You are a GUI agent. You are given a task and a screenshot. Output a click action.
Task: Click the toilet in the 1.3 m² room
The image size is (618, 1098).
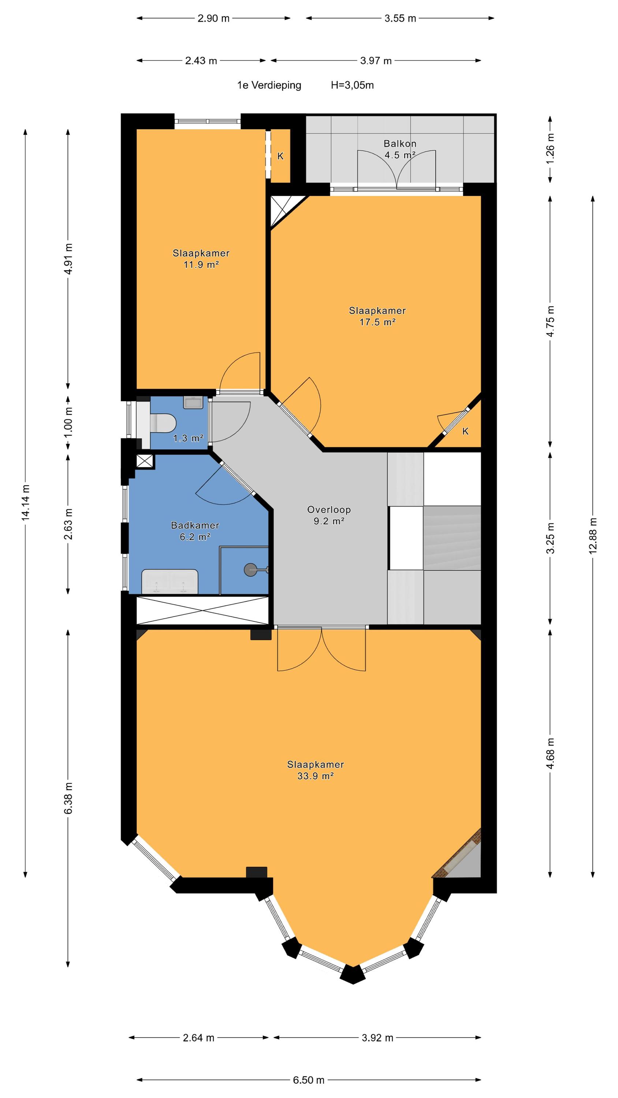[x=163, y=423]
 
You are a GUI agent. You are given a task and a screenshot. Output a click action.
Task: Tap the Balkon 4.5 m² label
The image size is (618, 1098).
[x=400, y=149]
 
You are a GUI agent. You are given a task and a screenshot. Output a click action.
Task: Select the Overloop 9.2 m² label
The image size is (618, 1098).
[x=329, y=515]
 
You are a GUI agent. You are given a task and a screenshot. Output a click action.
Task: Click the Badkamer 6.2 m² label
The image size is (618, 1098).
[x=195, y=531]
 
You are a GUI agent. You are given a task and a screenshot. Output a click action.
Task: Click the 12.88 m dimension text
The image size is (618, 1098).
[x=593, y=536]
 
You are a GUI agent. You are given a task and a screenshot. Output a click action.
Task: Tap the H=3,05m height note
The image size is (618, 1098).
[x=352, y=85]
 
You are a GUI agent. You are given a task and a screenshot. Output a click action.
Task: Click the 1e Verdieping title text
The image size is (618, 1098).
[x=269, y=85]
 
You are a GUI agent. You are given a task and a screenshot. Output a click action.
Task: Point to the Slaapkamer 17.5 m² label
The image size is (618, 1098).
[x=377, y=316]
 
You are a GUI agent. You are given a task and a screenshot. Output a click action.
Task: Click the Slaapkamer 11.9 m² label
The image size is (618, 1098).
[x=201, y=258]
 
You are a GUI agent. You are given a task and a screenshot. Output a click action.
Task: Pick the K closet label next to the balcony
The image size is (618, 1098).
[x=280, y=156]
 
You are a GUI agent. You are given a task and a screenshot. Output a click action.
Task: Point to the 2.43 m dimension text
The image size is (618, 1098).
[x=201, y=60]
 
